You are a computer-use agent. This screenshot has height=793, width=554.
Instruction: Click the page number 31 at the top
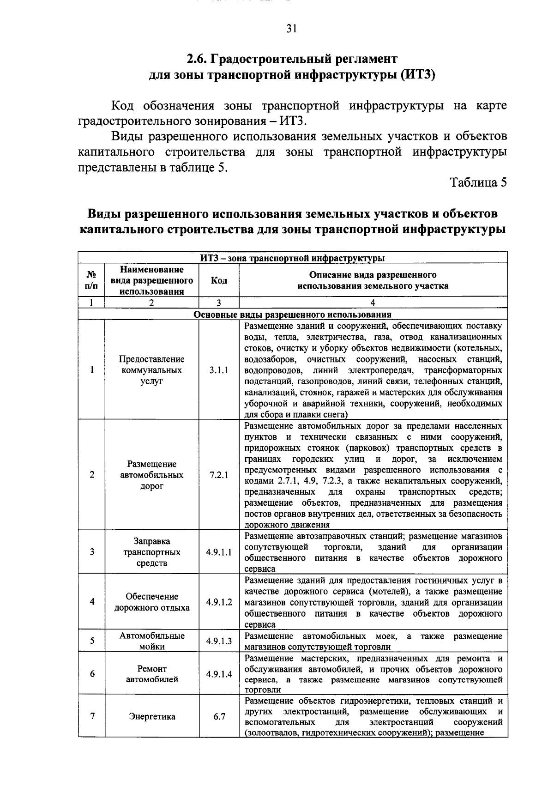291,29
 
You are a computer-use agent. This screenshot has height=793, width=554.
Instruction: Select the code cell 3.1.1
219,370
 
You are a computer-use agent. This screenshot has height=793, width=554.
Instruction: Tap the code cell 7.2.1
219,475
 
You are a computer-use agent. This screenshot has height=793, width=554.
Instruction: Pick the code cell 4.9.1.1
219,552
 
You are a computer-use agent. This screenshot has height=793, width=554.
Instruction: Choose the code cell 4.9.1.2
219,602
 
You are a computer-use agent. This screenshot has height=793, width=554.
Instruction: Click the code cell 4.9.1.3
219,641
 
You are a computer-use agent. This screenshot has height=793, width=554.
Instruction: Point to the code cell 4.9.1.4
219,674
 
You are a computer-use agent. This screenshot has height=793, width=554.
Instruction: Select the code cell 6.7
219,716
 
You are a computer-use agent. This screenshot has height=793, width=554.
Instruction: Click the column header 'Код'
219,280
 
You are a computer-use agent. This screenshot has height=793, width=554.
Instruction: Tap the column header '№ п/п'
91,280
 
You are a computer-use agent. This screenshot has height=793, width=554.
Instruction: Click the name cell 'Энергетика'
152,717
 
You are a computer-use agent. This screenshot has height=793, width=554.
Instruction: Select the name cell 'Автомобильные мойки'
152,641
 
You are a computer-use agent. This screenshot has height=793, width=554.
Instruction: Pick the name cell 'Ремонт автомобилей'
152,674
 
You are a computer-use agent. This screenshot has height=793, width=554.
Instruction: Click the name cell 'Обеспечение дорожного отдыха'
152,602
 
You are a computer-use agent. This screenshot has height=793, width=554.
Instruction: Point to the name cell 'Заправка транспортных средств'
152,552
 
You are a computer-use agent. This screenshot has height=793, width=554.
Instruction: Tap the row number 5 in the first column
92,641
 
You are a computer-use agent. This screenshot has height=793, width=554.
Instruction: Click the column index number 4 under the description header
373,303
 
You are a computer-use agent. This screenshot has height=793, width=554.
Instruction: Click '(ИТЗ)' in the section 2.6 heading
418,75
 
